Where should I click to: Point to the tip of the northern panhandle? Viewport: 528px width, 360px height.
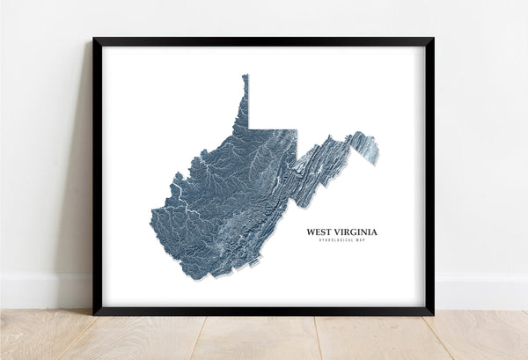[x=246, y=77]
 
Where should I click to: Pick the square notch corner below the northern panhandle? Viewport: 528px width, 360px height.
[x=249, y=129]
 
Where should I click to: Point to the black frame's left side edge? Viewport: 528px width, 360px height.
[x=97, y=176]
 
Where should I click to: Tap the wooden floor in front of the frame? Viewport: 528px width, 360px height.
[x=264, y=339]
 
